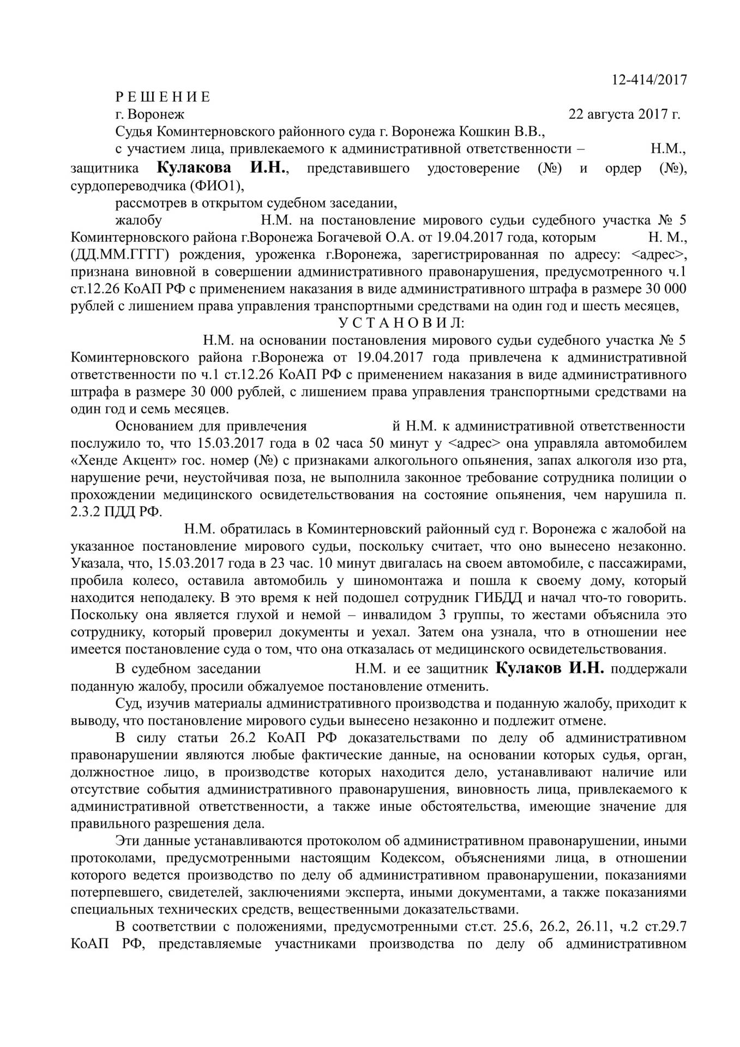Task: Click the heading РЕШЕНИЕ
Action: (x=163, y=97)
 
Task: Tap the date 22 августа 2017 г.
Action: (x=624, y=115)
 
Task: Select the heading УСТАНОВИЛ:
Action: (x=401, y=323)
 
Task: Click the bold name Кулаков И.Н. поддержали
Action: (x=550, y=669)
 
